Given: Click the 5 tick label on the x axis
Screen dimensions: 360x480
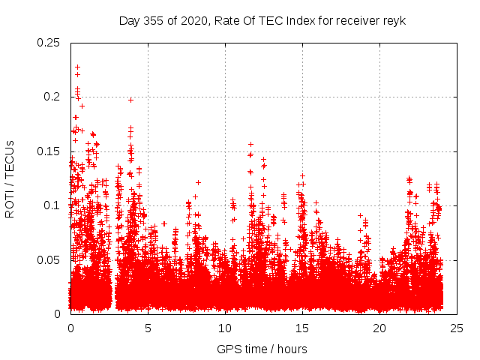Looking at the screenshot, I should pyautogui.click(x=148, y=328).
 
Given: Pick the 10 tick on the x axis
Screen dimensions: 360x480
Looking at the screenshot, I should pyautogui.click(x=225, y=328).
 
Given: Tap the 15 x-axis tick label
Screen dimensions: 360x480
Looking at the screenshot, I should pyautogui.click(x=302, y=328).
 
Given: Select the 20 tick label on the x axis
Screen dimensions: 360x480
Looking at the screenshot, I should pyautogui.click(x=379, y=328).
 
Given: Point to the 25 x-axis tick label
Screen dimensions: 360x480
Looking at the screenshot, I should pyautogui.click(x=457, y=328).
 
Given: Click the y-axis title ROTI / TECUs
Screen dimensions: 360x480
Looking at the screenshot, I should pyautogui.click(x=10, y=178).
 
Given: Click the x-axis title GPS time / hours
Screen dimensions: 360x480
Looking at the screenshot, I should pyautogui.click(x=262, y=349).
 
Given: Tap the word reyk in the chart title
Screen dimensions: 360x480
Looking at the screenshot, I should pyautogui.click(x=394, y=20).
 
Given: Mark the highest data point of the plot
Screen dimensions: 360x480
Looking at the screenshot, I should pyautogui.click(x=77, y=67).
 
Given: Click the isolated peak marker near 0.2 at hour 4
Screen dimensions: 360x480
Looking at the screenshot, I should pyautogui.click(x=130, y=100).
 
